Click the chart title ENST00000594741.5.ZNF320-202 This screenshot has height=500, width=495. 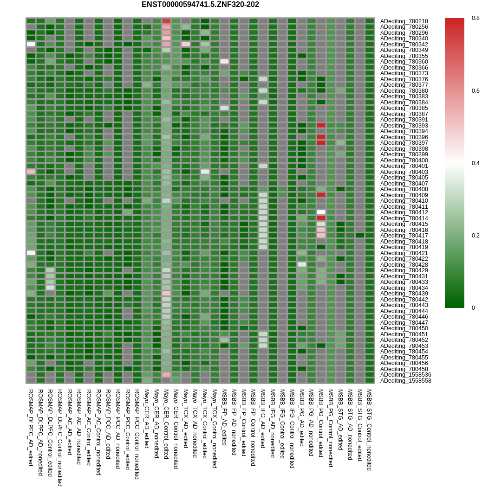200,5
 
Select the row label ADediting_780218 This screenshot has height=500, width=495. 404,21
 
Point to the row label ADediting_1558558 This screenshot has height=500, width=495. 405,381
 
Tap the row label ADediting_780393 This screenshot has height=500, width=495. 404,126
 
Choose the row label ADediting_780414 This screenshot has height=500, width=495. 404,218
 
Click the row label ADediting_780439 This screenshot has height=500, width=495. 404,294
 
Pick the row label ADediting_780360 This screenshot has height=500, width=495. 404,62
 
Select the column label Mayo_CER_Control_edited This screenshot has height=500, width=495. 166,424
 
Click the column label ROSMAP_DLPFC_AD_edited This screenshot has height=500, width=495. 31,427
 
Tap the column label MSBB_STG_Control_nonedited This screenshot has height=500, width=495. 369,429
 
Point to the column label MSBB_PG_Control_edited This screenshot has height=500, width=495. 321,423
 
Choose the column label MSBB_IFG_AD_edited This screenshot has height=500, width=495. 263,418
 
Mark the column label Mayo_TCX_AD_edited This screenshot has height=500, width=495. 185,418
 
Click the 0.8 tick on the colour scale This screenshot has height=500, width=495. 475,18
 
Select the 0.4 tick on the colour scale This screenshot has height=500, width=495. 475,163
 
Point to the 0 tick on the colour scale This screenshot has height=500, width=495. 473,308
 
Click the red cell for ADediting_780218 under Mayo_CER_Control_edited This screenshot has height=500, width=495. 166,21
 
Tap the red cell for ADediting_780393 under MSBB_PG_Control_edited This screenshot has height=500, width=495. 321,125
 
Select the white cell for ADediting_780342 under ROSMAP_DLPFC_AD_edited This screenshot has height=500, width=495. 31,44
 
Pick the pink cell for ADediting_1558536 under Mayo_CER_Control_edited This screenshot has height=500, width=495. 166,374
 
